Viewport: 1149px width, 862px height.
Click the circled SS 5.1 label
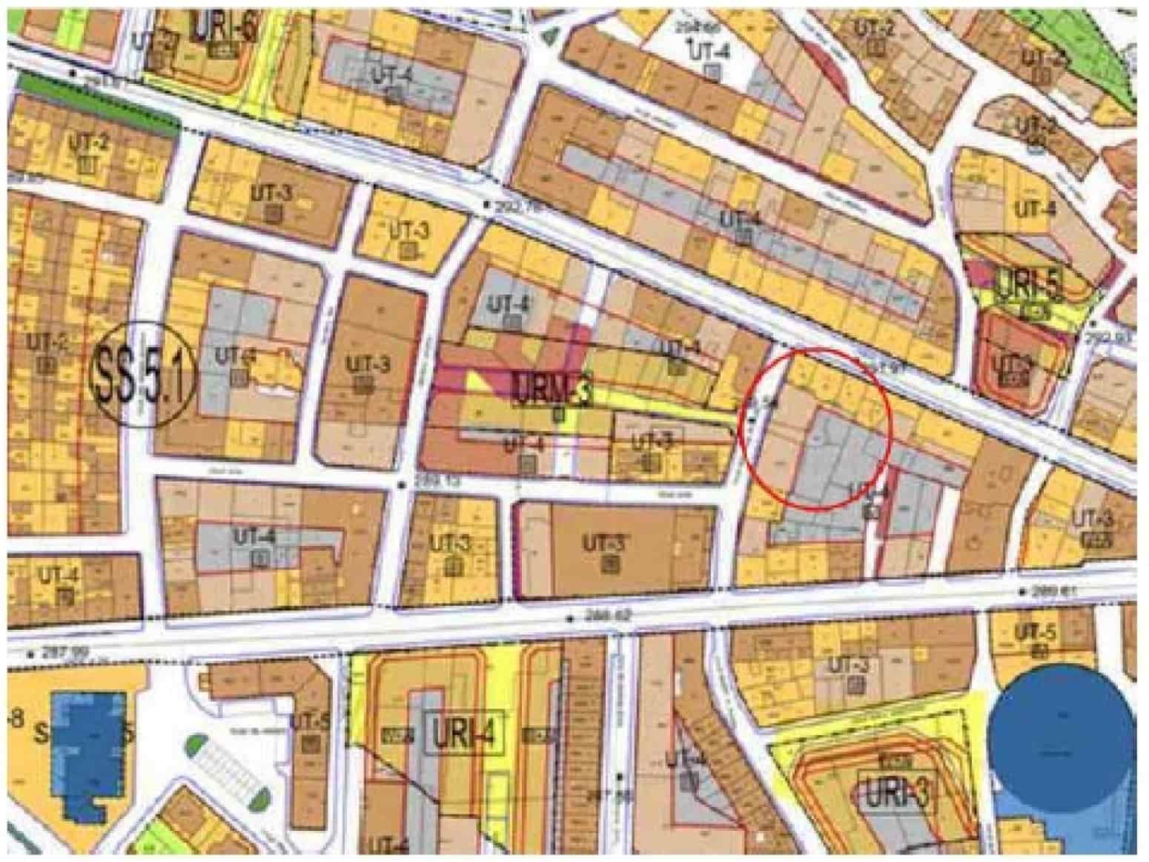point(142,375)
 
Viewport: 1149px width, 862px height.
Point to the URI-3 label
point(896,795)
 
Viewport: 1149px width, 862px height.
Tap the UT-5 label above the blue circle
point(1036,633)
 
